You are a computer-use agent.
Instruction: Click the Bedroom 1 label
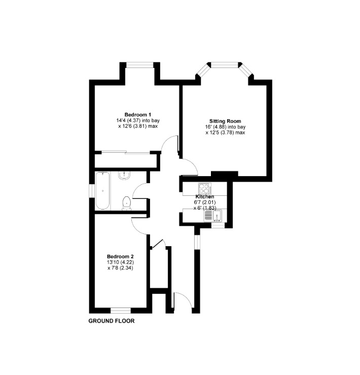(138, 115)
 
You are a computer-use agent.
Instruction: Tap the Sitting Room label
(225, 121)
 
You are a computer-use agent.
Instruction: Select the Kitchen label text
(205, 197)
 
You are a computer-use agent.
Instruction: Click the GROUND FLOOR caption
(112, 321)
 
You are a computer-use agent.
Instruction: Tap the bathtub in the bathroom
(103, 191)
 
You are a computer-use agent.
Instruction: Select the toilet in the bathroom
(126, 203)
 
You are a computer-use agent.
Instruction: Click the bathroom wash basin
(124, 175)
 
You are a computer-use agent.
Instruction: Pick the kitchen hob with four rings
(205, 188)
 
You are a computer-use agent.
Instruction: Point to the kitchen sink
(213, 216)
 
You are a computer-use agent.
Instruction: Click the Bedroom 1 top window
(139, 65)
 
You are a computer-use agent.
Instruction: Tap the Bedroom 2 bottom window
(121, 311)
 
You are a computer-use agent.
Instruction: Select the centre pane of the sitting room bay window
(225, 65)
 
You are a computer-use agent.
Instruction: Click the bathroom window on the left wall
(92, 191)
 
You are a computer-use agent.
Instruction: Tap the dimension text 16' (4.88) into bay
(225, 127)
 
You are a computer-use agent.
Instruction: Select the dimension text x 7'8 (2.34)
(120, 268)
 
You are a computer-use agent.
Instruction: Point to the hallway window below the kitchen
(197, 242)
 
